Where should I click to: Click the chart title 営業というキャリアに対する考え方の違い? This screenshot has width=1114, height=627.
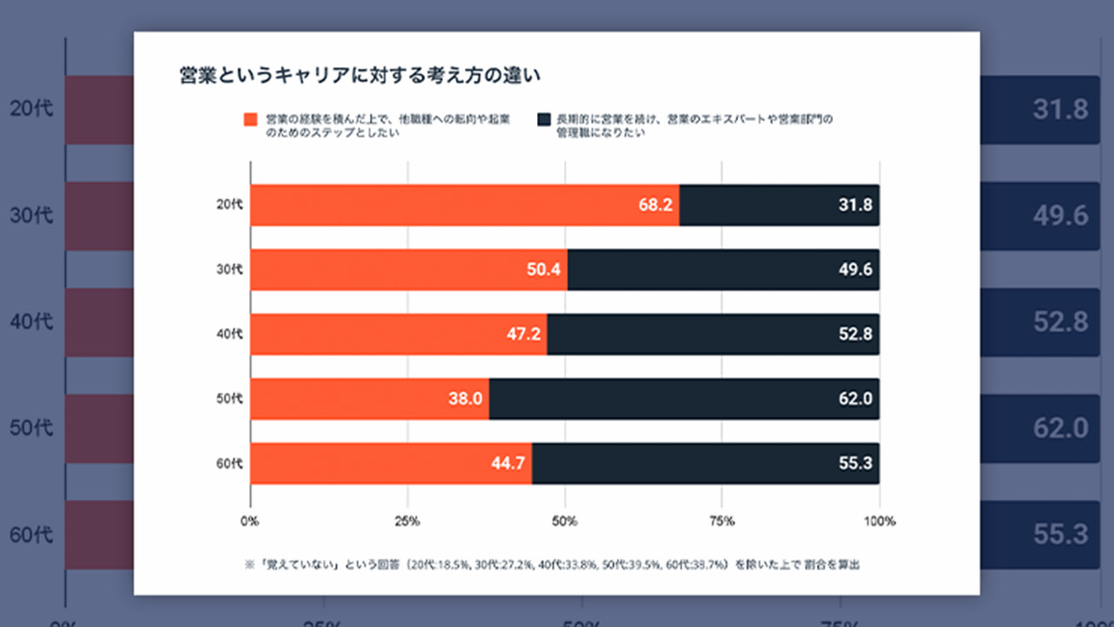pos(359,75)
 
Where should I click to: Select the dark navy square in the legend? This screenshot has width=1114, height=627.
pos(544,119)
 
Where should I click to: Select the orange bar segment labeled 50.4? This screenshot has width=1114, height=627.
pos(409,270)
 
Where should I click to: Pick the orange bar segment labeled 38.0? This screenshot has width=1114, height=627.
pos(370,399)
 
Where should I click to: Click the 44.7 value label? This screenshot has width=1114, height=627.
pos(507,463)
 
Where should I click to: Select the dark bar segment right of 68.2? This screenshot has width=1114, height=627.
pos(779,206)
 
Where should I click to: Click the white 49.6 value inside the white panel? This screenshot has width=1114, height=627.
pos(856,270)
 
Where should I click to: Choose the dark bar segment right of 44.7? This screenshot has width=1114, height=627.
pos(705,463)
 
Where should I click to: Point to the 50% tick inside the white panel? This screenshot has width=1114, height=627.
pos(565,522)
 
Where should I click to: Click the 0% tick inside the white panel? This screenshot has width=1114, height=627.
pos(250,522)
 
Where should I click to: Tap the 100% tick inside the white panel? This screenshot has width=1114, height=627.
pos(880,522)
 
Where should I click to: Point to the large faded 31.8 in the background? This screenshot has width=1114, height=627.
pos(1061,110)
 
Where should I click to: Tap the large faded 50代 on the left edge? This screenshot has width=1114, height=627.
pos(32,428)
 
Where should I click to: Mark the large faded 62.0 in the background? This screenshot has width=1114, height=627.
pos(1061,428)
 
